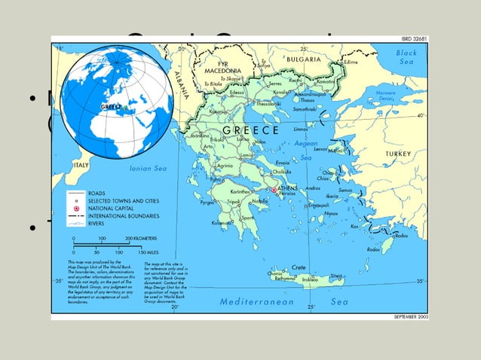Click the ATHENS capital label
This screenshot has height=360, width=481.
(x=288, y=187)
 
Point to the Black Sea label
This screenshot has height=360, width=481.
(x=406, y=57)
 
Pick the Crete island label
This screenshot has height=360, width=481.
(x=299, y=267)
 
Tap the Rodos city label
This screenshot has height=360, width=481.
(x=401, y=236)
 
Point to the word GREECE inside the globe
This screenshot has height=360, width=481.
(x=112, y=107)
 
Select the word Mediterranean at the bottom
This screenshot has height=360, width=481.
(x=256, y=301)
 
